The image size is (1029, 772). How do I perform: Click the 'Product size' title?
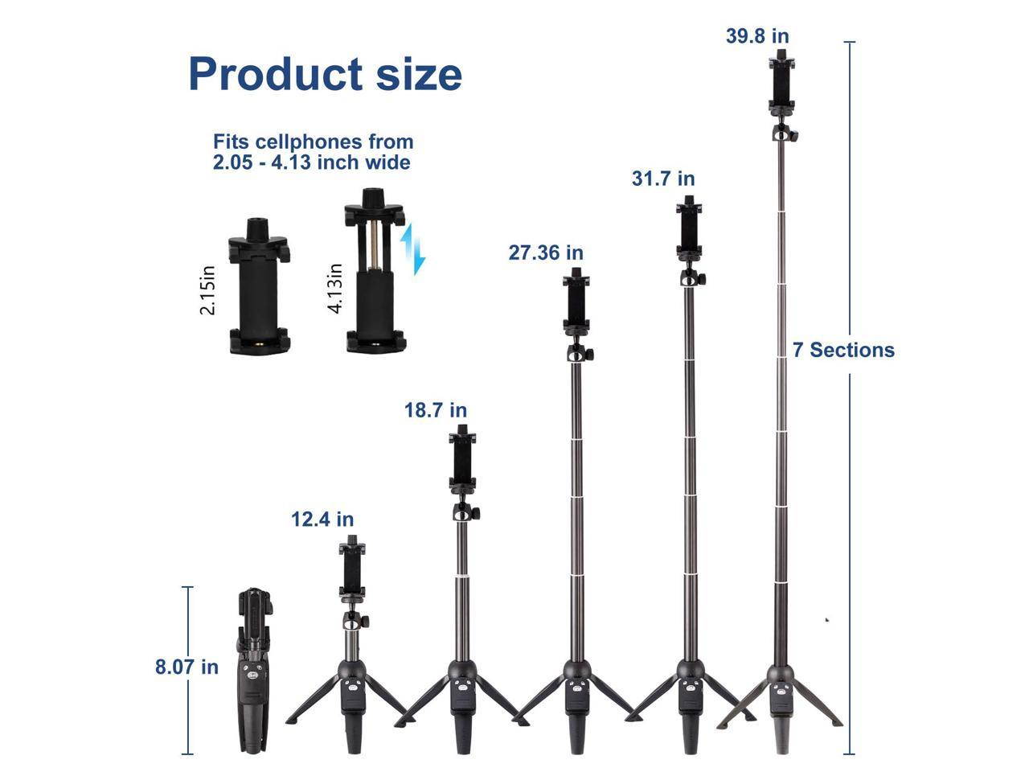point(325,74)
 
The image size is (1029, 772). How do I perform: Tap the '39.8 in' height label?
point(757,36)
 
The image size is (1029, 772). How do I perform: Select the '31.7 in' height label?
point(662,179)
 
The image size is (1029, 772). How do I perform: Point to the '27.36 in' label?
point(546,253)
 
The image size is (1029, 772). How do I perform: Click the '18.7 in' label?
point(435,410)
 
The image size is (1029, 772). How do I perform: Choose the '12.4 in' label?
point(322,519)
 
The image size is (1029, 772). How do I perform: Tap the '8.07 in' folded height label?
point(187,667)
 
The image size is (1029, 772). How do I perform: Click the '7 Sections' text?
point(843,350)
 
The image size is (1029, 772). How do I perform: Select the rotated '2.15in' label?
point(207,289)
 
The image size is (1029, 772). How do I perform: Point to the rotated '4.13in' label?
point(335,288)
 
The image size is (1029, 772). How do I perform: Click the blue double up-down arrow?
point(412,248)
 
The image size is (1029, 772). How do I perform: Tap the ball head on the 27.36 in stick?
point(576,352)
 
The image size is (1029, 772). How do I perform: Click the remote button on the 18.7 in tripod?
point(461,688)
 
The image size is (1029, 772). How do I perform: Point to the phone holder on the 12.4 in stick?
point(351,568)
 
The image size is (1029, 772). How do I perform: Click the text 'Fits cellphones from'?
point(313,142)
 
